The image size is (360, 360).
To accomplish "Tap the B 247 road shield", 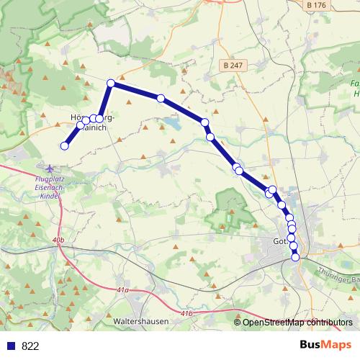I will click(x=231, y=65).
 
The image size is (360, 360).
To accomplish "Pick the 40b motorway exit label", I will click(x=58, y=239).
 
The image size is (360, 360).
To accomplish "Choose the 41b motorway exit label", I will click(x=186, y=313).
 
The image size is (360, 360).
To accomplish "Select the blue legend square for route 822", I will click(x=11, y=346).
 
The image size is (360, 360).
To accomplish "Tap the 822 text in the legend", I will click(x=30, y=346).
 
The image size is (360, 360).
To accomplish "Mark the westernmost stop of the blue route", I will click(x=64, y=146).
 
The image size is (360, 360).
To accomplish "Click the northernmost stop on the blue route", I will click(x=111, y=84).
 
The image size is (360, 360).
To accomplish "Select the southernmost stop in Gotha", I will click(x=295, y=257).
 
